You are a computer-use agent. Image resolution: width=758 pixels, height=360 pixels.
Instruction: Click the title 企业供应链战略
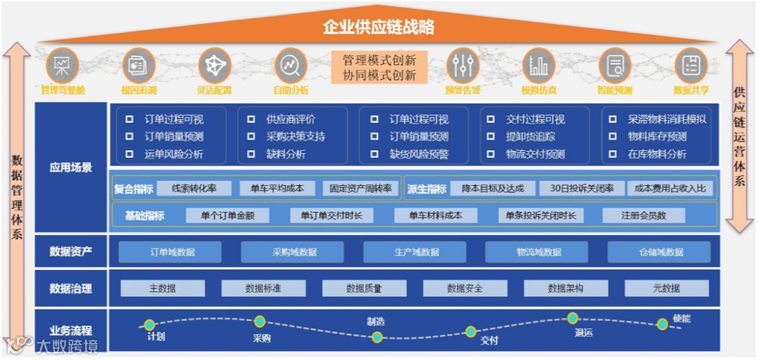(379, 27)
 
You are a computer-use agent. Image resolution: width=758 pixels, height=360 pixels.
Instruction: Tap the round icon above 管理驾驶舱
(62, 65)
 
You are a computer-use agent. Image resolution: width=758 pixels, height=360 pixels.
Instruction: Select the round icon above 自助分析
(291, 65)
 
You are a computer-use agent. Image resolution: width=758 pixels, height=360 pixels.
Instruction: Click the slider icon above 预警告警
(463, 65)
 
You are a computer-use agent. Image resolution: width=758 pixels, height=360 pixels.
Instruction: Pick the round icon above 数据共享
(691, 65)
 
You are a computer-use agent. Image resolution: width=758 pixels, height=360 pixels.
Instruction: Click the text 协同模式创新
(379, 75)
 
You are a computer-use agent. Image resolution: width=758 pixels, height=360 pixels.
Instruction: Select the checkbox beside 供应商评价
(251, 119)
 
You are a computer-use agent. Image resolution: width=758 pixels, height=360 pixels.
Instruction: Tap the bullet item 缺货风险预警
(419, 154)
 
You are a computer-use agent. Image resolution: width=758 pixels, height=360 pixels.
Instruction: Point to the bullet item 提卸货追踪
(530, 137)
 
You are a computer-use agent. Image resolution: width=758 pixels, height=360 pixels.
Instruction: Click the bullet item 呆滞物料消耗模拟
(667, 119)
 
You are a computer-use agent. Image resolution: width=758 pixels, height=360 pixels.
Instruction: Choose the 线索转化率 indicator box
(194, 188)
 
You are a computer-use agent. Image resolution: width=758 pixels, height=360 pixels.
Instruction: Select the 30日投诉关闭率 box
(582, 188)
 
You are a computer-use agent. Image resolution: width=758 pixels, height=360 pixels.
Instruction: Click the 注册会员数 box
(643, 215)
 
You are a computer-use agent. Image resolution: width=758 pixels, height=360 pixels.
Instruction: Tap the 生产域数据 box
(414, 252)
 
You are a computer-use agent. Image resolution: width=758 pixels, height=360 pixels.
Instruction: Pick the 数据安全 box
(465, 288)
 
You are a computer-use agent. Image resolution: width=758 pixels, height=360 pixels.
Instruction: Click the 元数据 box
(666, 288)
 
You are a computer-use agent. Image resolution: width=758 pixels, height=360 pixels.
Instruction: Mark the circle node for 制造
(378, 337)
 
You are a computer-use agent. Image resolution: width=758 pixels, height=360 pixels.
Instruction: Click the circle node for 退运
(573, 318)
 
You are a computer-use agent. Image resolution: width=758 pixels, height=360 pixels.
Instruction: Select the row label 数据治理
(70, 288)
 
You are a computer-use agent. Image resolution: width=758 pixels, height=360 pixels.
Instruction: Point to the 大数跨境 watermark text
(67, 345)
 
